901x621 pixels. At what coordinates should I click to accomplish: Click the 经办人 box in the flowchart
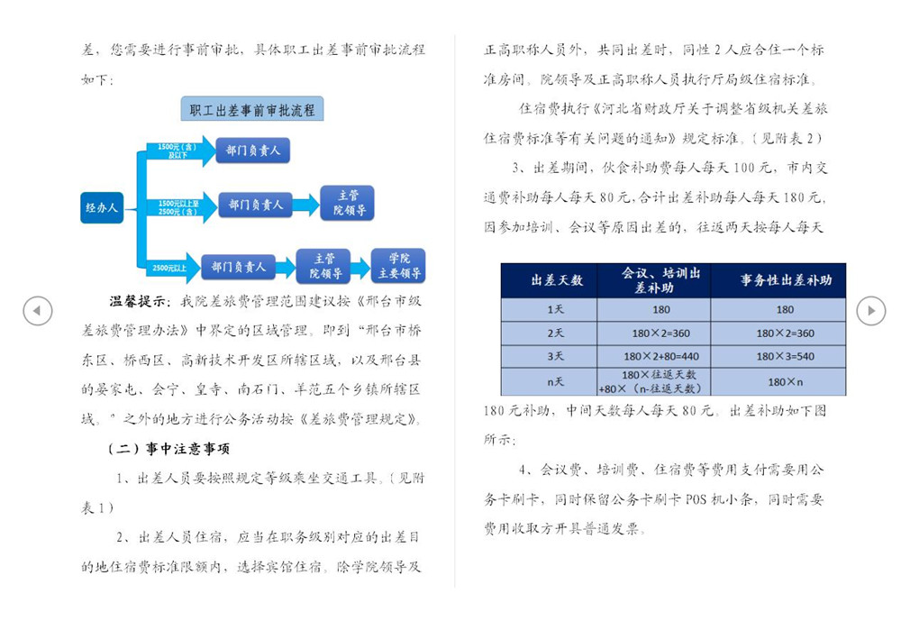pos(102,207)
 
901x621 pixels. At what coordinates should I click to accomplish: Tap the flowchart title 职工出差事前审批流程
pos(252,109)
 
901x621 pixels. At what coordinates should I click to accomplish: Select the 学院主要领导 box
pos(398,266)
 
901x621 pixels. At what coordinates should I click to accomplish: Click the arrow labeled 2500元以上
pos(170,268)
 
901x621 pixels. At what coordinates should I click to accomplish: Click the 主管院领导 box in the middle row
pos(348,203)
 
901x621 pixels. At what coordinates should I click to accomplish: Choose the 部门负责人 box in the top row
pos(253,151)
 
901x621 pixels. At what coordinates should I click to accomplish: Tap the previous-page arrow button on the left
pos(38,310)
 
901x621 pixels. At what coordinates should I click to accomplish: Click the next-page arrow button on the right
pos(871,310)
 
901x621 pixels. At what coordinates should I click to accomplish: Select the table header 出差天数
pos(549,280)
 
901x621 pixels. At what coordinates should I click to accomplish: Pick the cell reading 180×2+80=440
pos(661,357)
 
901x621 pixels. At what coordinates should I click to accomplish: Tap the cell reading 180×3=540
pos(785,357)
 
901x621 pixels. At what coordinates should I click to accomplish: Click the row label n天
pos(555,381)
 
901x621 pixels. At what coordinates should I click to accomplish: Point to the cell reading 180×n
pos(785,382)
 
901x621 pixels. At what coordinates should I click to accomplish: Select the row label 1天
pos(555,309)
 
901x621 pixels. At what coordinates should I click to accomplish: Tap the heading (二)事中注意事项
pos(169,449)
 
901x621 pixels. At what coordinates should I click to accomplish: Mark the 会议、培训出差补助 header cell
pos(654,280)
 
